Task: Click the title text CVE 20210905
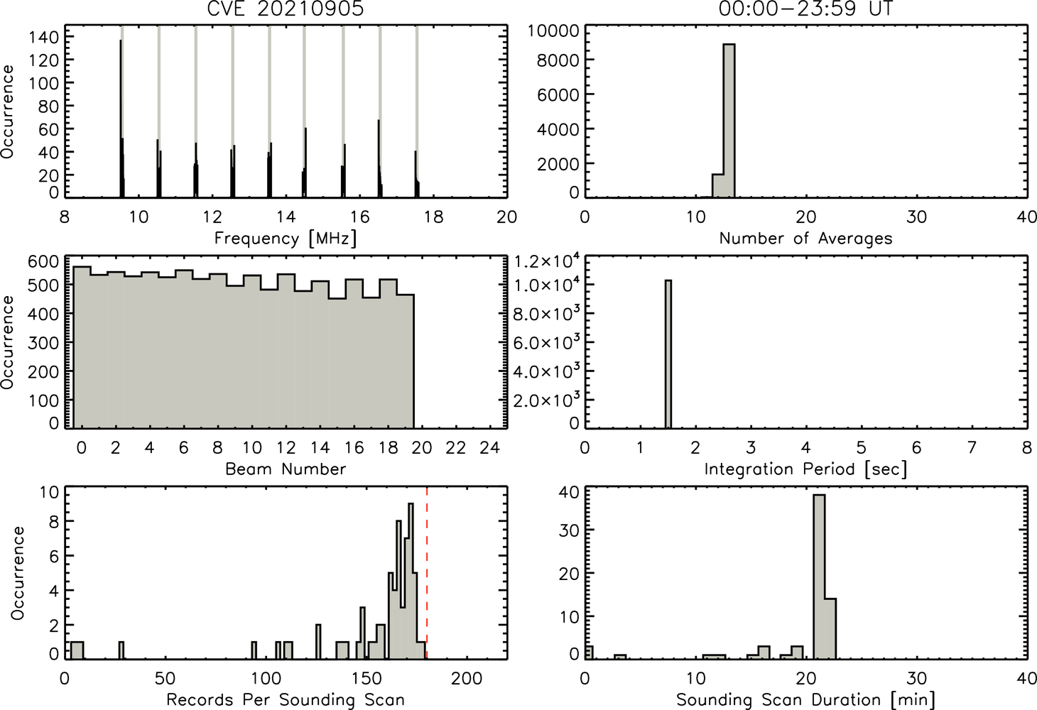tap(286, 9)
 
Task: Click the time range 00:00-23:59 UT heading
tap(805, 9)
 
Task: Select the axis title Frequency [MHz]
tap(286, 239)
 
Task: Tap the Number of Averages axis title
tap(805, 238)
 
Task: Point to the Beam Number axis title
tap(286, 469)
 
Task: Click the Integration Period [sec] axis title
tap(805, 469)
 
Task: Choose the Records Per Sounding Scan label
tap(286, 699)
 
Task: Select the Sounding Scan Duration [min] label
tap(805, 699)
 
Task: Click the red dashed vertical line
tap(426, 572)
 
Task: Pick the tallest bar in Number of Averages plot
tap(729, 121)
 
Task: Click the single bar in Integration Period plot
tap(668, 354)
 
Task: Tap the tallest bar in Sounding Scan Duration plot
tap(819, 577)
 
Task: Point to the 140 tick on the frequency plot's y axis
tap(45, 36)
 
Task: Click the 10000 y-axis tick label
tap(554, 31)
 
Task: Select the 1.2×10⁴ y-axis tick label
tap(547, 262)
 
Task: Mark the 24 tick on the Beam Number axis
tap(490, 447)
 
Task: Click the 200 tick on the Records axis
tap(467, 679)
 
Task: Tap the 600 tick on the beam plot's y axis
tap(45, 262)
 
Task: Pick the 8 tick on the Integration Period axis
tap(1027, 447)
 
